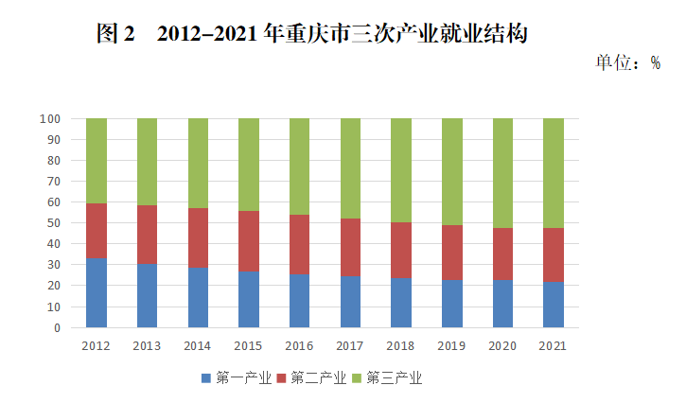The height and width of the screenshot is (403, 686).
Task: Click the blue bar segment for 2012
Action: click(x=96, y=293)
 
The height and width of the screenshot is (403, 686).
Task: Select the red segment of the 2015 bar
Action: click(x=249, y=241)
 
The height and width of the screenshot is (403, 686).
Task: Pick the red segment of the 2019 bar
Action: click(x=452, y=253)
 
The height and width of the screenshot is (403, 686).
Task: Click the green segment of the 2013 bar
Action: click(x=147, y=162)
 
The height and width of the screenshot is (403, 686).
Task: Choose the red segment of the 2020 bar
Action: click(x=503, y=254)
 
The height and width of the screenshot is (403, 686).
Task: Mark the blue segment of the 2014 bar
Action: click(x=198, y=298)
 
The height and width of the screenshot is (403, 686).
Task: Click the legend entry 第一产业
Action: click(x=236, y=378)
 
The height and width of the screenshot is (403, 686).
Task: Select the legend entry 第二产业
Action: click(x=310, y=378)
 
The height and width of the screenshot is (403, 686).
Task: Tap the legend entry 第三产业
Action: click(x=385, y=378)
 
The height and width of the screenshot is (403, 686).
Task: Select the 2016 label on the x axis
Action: click(x=300, y=346)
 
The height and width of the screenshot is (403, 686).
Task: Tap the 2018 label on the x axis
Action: click(x=401, y=346)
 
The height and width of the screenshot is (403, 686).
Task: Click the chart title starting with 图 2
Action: click(x=311, y=34)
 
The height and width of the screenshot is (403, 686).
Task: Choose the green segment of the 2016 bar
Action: click(x=300, y=166)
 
